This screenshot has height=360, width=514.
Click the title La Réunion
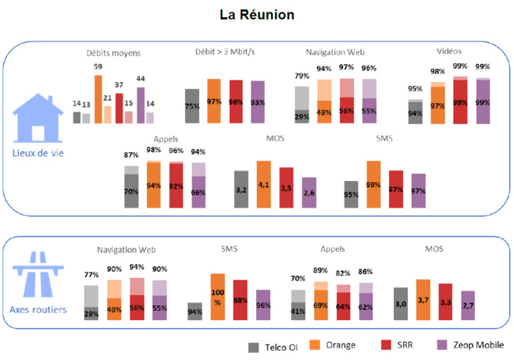(x=258, y=14)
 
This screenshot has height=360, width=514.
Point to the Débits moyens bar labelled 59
(x=98, y=98)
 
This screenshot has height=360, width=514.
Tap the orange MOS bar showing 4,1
(x=264, y=184)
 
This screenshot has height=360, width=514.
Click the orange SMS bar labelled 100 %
(x=218, y=298)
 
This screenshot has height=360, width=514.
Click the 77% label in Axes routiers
(x=91, y=276)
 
